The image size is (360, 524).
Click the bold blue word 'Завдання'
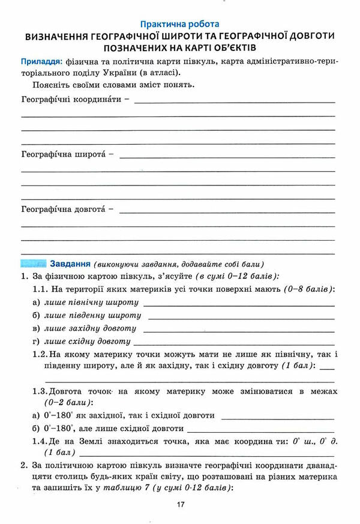click(70, 264)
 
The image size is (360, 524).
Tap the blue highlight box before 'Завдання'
click(34, 264)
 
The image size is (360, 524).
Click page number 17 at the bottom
click(181, 505)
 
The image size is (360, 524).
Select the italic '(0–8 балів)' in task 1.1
click(309, 289)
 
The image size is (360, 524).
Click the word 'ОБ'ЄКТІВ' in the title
click(226, 47)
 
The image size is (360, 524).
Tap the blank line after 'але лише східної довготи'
click(261, 430)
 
